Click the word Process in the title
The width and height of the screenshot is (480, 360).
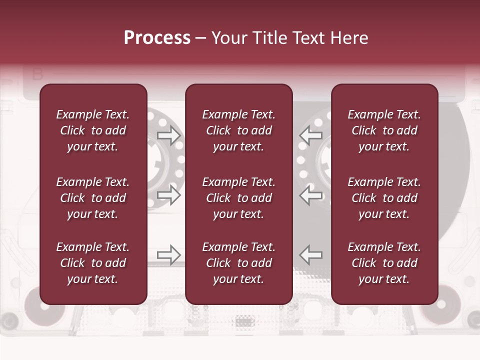[157, 38]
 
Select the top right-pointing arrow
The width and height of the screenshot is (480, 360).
[169, 135]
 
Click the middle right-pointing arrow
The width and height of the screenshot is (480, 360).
[169, 195]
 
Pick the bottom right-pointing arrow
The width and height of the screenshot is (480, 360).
[169, 255]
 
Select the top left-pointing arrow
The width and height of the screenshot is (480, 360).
[310, 135]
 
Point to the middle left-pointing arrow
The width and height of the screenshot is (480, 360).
[310, 195]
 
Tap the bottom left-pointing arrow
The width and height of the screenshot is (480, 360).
[310, 255]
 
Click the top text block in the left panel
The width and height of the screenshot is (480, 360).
[93, 130]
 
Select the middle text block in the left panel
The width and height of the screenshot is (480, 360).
[93, 198]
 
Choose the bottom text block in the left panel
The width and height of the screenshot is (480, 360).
[93, 263]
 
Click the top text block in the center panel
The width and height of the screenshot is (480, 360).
[239, 130]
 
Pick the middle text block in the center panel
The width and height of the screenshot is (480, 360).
[239, 198]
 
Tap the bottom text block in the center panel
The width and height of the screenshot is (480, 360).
[239, 263]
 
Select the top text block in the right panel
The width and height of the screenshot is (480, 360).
[384, 130]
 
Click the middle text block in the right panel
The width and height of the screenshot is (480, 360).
[384, 198]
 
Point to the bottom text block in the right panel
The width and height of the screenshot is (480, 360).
[384, 263]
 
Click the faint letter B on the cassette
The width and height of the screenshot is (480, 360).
[37, 74]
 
